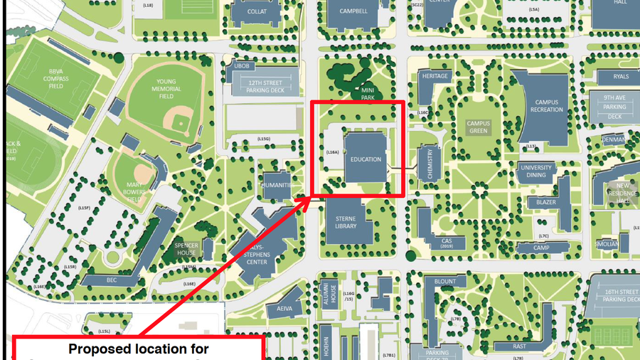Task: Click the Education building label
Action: [x=366, y=159]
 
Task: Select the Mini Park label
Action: [x=368, y=94]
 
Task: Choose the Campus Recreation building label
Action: [x=548, y=106]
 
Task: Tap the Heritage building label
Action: [x=434, y=76]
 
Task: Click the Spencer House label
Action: [x=186, y=249]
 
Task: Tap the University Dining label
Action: [x=537, y=171]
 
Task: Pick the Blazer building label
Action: [x=546, y=202]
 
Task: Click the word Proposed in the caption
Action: [x=99, y=349]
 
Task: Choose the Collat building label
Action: [x=257, y=12]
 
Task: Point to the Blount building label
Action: [x=445, y=281]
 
